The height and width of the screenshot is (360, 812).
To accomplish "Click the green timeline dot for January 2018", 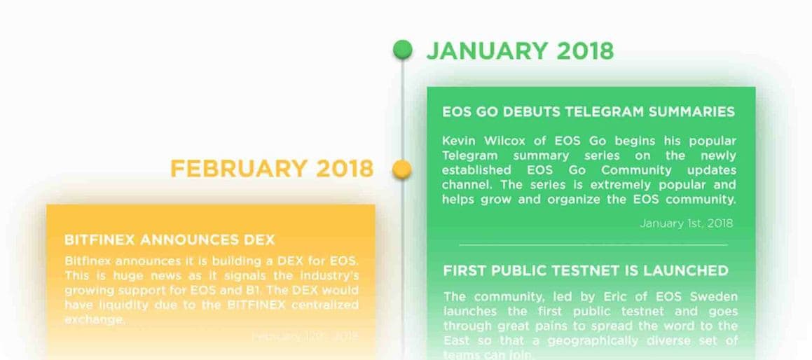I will pyautogui.click(x=402, y=49).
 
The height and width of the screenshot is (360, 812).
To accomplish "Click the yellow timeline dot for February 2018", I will pyautogui.click(x=401, y=169).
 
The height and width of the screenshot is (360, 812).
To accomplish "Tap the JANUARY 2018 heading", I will pyautogui.click(x=520, y=50).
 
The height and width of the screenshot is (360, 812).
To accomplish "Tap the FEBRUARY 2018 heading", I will pyautogui.click(x=272, y=169).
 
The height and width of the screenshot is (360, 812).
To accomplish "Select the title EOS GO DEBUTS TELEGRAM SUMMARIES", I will pyautogui.click(x=589, y=112).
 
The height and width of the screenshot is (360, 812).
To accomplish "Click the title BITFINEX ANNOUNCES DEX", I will pyautogui.click(x=170, y=240).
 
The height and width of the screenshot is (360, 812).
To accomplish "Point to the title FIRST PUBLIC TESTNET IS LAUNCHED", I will pyautogui.click(x=586, y=270).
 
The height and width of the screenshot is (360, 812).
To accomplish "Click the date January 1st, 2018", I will pyautogui.click(x=686, y=223).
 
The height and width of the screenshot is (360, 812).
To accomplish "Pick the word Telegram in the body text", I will pyautogui.click(x=471, y=155).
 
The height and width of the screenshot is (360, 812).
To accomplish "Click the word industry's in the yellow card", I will pyautogui.click(x=324, y=275).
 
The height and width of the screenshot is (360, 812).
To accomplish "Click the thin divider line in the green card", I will pyautogui.click(x=593, y=245).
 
